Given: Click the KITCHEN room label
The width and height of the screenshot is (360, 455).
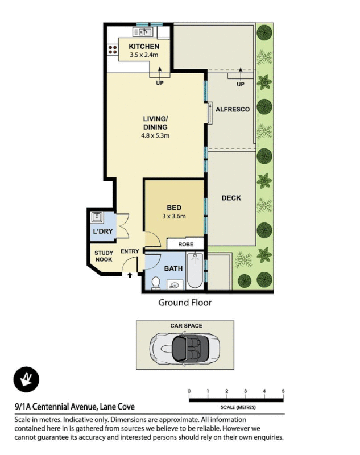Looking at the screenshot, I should point(144,46).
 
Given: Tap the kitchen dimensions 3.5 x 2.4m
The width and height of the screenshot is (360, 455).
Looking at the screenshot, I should point(143,55).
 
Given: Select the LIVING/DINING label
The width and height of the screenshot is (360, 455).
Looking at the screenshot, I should point(155,123).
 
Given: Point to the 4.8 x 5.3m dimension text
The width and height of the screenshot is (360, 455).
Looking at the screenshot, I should point(155,136).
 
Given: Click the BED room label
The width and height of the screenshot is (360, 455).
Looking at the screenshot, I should point(173,208).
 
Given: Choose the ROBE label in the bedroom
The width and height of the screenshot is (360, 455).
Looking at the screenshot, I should point(185,244).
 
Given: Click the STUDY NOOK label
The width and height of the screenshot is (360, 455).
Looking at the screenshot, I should point(103,256).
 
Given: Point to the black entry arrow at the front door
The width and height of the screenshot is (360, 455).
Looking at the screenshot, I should point(130,276).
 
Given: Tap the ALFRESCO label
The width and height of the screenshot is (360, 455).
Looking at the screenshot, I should point(233,109).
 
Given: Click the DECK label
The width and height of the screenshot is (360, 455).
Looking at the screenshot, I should point(231,198).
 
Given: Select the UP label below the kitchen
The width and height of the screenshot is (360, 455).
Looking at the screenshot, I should point(160,83).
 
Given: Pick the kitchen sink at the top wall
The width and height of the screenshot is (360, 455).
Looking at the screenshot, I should point(140,32).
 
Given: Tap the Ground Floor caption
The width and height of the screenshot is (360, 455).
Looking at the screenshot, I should point(184,303).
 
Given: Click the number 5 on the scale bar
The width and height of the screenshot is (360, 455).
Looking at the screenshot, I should point(283,391).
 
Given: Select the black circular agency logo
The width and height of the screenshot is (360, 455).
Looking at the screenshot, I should point(26,379).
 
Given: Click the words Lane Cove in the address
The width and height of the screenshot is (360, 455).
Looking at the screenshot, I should point(117,407).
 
